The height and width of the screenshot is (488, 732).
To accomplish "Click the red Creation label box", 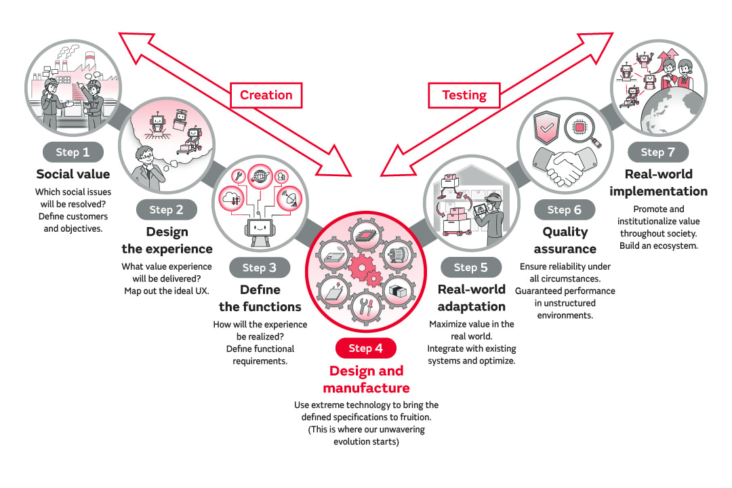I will (x=266, y=95).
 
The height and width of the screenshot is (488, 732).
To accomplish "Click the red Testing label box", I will (x=464, y=95).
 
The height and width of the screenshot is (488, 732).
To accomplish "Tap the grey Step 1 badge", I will (x=73, y=152).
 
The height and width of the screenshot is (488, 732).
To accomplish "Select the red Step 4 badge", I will (x=365, y=348).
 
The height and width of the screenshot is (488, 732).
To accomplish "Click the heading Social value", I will (x=73, y=174).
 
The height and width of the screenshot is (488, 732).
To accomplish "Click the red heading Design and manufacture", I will (x=366, y=380).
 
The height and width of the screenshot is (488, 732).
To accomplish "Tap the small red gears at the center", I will (x=365, y=268).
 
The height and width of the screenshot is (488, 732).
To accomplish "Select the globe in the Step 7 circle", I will (x=671, y=115).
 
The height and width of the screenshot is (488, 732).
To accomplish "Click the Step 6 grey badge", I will (x=564, y=210).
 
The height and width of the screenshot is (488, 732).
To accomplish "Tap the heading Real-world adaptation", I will (x=471, y=297).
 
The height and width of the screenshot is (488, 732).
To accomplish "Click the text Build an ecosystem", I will (x=657, y=245).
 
